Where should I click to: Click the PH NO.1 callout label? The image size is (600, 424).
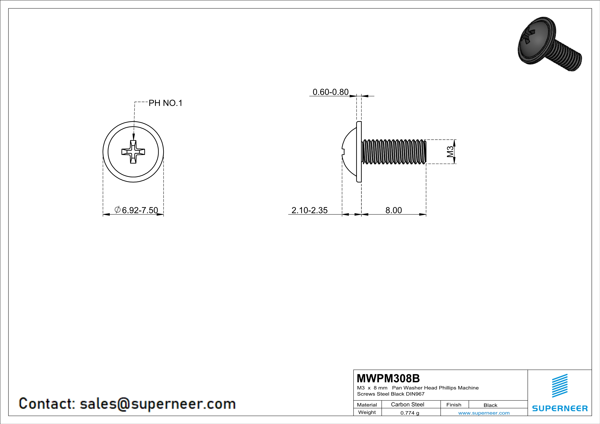(x=165, y=103)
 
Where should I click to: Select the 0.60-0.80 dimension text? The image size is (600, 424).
(x=331, y=92)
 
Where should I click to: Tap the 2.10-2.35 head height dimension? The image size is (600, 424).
(x=309, y=210)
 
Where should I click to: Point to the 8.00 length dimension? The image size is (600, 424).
(x=393, y=210)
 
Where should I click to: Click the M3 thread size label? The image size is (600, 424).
(x=450, y=152)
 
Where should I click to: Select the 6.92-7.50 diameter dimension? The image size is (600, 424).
(x=136, y=210)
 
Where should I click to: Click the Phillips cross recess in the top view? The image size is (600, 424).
(x=133, y=152)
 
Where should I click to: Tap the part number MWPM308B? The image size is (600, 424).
(x=388, y=378)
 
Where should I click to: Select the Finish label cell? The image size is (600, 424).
(x=454, y=405)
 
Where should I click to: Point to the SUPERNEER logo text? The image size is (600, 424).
(x=560, y=408)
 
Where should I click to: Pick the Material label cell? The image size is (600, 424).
(x=367, y=405)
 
